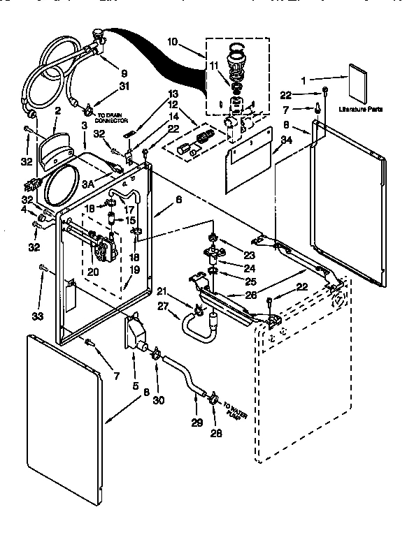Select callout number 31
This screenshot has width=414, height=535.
click(124, 86)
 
